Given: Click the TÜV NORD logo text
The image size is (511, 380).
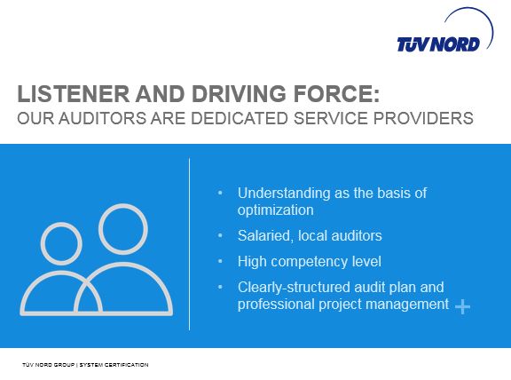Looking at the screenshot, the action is pos(438,44).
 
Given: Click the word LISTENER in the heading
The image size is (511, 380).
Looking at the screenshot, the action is pos(74,93).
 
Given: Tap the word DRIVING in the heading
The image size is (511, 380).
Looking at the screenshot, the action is pos(239,93).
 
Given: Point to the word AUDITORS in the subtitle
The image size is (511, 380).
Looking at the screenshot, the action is pos(103,118).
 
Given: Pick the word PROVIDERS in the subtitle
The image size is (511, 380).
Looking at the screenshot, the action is pos(423,118).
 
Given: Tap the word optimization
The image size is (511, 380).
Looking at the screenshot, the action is pos(275,210).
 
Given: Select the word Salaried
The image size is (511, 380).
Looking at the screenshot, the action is pos(265,236).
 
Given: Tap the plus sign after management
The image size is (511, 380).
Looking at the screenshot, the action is pos(462,307).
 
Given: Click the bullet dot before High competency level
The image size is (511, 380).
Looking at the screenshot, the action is pos(220,261).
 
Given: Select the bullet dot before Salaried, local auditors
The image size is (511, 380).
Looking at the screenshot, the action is pos(220,235).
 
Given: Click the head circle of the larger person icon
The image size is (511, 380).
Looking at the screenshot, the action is pos(123,205).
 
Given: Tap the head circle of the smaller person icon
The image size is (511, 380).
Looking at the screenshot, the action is pos(61,224).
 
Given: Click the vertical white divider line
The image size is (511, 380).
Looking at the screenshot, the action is pos(189,244).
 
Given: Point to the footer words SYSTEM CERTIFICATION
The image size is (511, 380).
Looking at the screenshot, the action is pos(114,365).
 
